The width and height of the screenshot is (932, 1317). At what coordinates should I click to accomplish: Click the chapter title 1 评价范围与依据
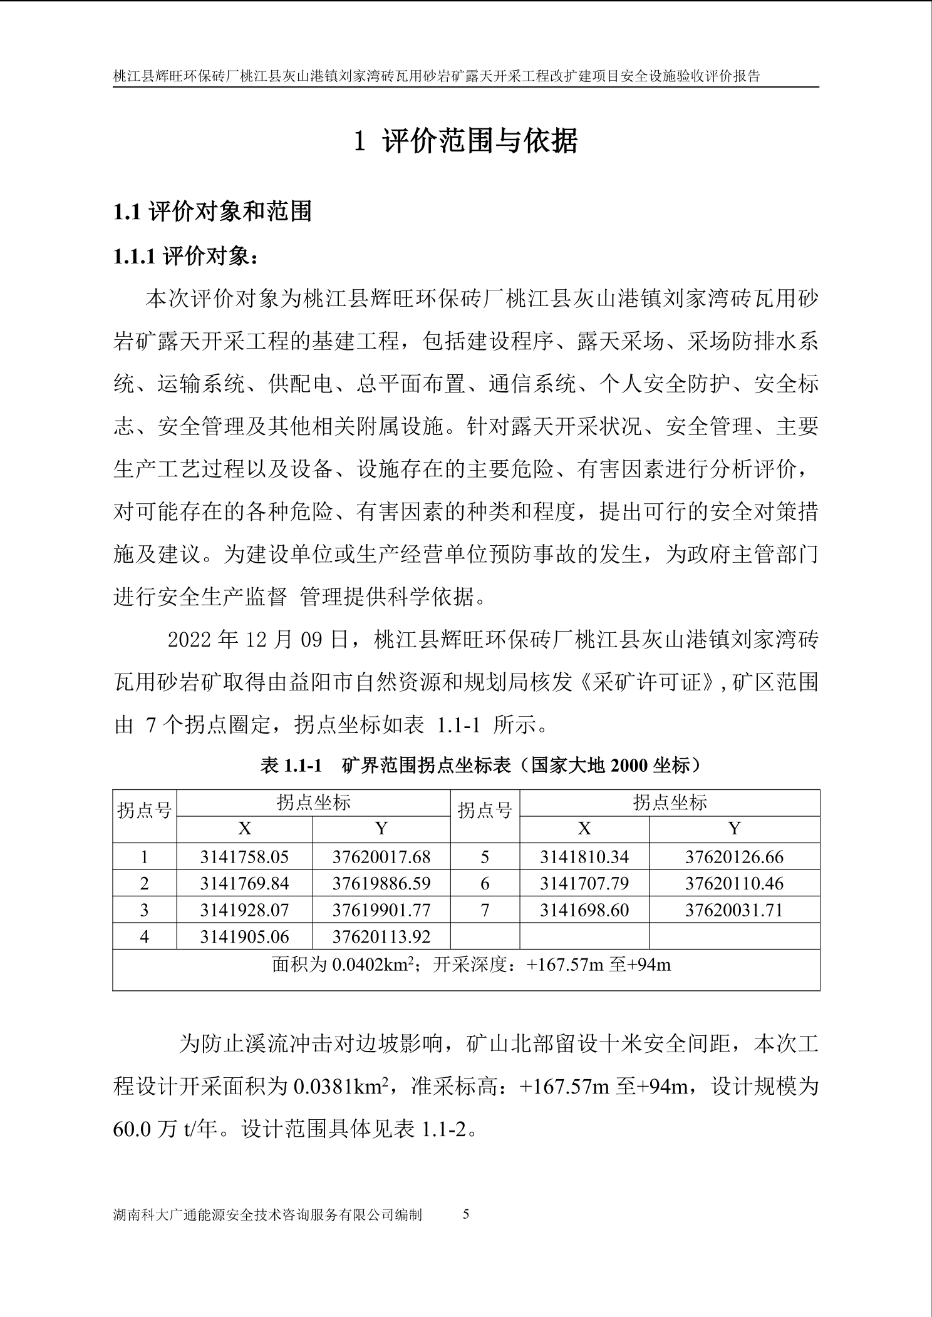click(x=465, y=141)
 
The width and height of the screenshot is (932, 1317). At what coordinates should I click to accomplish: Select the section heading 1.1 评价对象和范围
click(x=212, y=212)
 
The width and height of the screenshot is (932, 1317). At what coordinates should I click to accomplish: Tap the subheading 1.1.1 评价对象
click(x=186, y=257)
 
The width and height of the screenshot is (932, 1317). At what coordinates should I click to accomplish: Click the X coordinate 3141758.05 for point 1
click(x=244, y=856)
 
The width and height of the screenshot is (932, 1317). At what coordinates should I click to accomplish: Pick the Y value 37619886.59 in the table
click(x=381, y=883)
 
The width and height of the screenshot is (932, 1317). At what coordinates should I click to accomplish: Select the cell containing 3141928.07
click(x=244, y=910)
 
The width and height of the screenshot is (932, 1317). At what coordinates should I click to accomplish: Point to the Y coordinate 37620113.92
click(x=381, y=936)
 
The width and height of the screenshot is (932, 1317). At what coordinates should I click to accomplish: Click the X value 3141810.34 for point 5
click(x=584, y=856)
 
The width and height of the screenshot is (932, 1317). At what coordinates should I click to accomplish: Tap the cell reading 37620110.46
click(x=734, y=883)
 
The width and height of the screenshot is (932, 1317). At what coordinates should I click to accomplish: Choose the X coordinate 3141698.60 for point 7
click(x=584, y=910)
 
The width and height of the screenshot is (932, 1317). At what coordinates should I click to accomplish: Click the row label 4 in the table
click(x=145, y=936)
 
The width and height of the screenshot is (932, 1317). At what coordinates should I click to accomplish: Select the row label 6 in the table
click(x=485, y=883)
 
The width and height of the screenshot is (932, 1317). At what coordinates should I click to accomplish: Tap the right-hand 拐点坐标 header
click(x=670, y=802)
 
